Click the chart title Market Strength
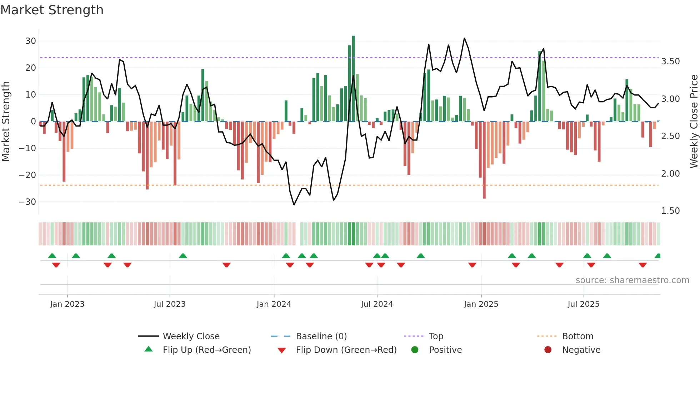52,10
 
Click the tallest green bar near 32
353,79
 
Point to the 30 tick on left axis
31,41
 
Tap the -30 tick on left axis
27,202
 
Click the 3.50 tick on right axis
670,61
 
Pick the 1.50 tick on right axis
670,211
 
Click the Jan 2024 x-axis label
274,304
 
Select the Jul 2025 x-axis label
583,304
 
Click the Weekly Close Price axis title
694,121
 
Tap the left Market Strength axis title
6,121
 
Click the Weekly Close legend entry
191,336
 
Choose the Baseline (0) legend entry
321,336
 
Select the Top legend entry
436,336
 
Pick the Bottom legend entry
577,336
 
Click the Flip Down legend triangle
281,350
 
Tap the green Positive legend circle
415,350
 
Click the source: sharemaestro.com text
632,280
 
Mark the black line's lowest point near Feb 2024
294,205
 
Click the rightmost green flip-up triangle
657,256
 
